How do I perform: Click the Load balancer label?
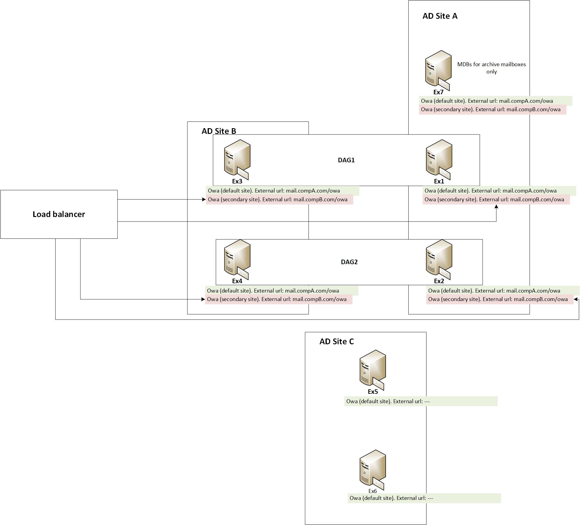pos(59,214)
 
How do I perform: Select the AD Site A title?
pos(440,16)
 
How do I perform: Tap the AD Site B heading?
pos(219,131)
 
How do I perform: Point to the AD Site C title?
pos(337,342)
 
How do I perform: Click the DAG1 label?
pos(346,160)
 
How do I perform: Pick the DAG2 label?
pos(349,262)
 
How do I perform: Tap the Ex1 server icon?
pos(439,159)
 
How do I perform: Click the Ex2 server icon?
pos(439,259)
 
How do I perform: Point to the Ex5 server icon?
pos(373,370)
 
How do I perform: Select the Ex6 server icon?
pos(373,470)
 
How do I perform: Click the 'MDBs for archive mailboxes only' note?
pos(491,68)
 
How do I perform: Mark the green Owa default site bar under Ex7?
pos(496,101)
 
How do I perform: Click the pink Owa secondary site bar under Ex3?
pos(280,199)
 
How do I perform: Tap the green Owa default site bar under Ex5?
pos(421,401)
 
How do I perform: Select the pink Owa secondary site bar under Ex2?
pos(500,299)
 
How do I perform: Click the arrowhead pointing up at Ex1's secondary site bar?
pos(496,207)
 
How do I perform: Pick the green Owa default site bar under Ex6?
pos(424,498)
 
